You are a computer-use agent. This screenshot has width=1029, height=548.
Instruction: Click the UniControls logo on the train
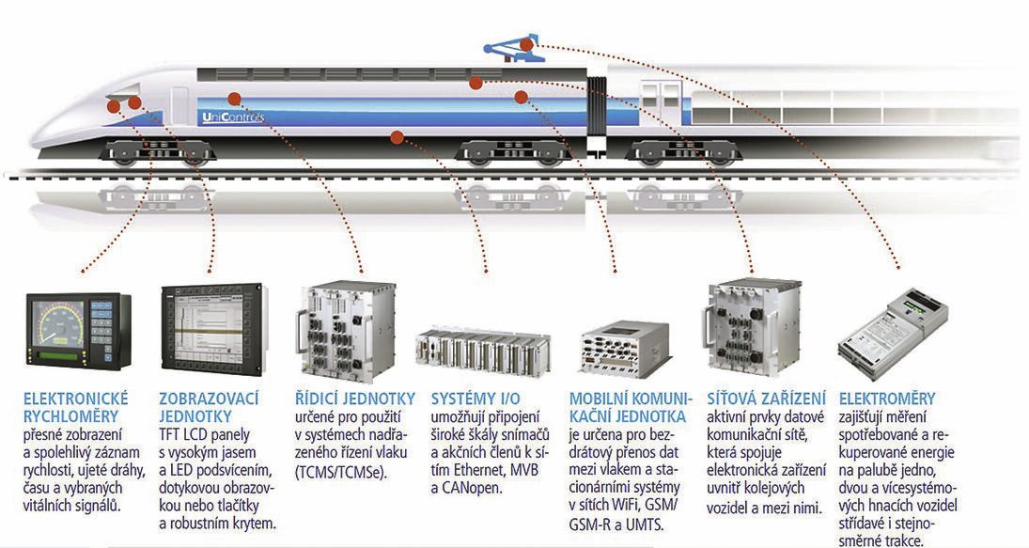pyautogui.click(x=234, y=117)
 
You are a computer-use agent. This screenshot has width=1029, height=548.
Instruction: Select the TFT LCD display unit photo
pyautogui.click(x=211, y=329)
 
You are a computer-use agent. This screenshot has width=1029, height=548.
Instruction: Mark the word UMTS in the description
pyautogui.click(x=645, y=524)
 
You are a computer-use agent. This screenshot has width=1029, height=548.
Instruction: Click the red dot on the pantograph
pyautogui.click(x=529, y=44)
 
